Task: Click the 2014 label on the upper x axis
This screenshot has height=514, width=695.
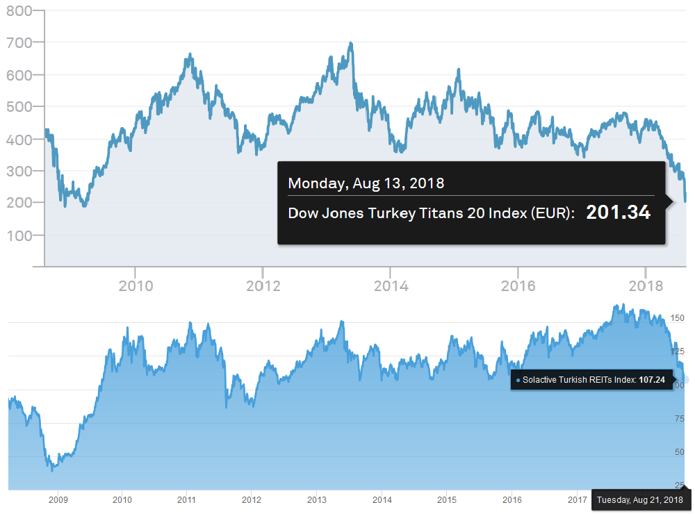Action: (x=391, y=286)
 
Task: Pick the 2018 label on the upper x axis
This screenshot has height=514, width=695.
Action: (x=646, y=286)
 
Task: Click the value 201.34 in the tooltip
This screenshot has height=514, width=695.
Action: (x=618, y=213)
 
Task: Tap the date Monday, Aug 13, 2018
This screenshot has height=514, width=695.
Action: (x=366, y=183)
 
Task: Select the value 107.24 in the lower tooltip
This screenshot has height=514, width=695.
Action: (x=652, y=380)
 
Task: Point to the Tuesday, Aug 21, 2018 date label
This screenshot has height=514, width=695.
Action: (x=640, y=499)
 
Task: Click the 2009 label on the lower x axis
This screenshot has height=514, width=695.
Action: (x=58, y=499)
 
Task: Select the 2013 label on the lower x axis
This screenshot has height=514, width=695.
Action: (x=317, y=499)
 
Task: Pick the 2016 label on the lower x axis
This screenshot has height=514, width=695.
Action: (x=512, y=499)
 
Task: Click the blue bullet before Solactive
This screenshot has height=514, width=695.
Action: (x=518, y=381)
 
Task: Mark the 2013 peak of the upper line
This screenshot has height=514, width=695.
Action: (x=351, y=43)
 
